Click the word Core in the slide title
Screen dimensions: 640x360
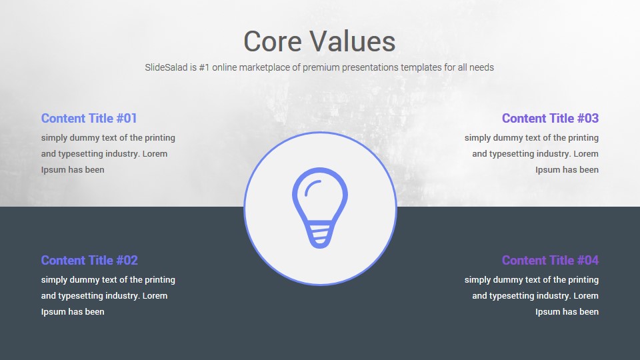pos(273,41)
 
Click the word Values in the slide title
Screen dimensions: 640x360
pos(352,41)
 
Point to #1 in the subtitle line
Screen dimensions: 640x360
pos(204,67)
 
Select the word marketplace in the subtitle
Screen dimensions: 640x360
pos(265,68)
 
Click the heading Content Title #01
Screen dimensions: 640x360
pos(89,119)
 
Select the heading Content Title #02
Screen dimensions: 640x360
pos(89,261)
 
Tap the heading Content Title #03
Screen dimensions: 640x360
pos(550,119)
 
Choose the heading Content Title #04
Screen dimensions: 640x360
pos(550,261)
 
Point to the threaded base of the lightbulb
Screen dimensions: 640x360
pos(320,235)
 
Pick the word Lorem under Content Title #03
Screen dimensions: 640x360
pos(586,154)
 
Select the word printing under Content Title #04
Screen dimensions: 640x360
pos(583,280)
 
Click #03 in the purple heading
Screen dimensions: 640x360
pos(588,119)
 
